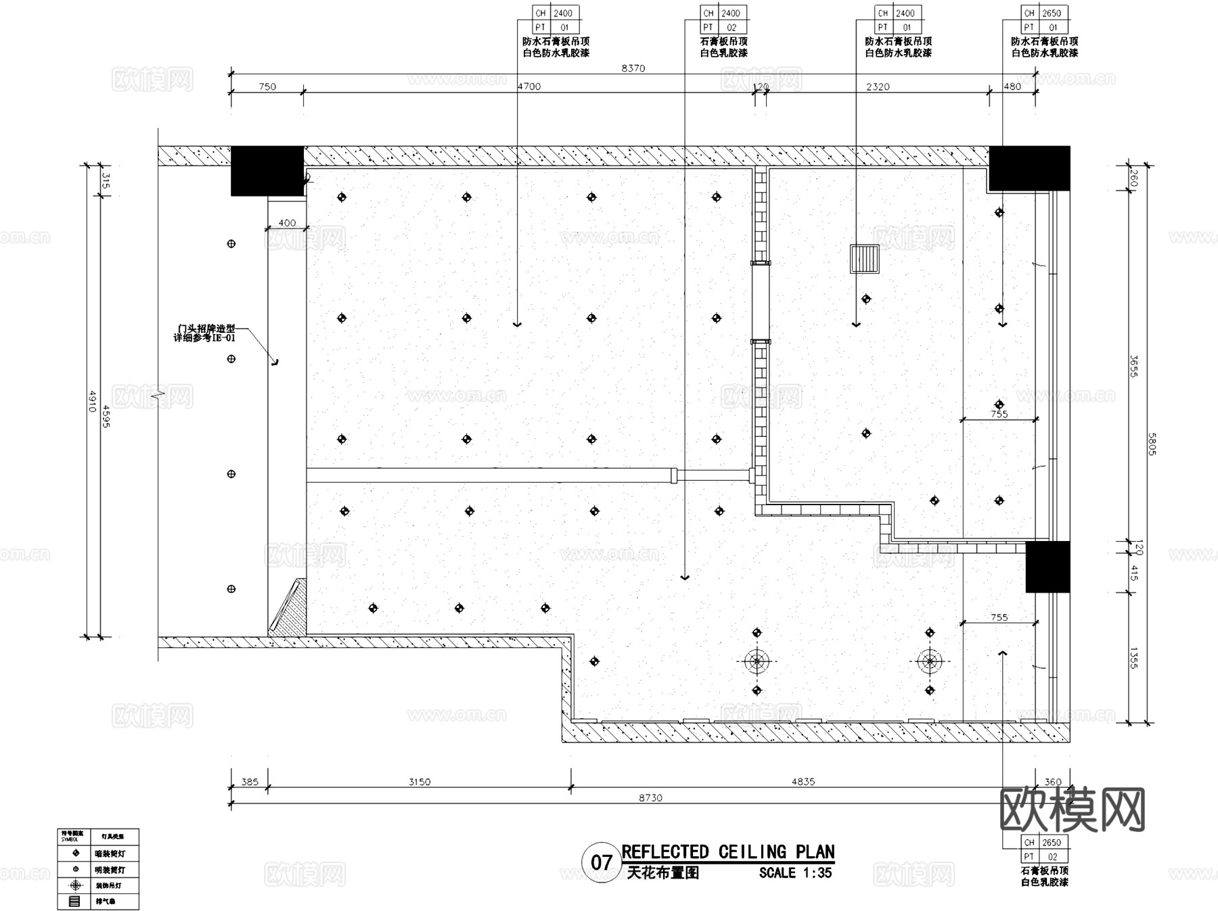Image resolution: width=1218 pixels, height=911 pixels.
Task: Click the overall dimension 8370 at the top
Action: pos(633,68)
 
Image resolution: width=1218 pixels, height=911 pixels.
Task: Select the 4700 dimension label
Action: pos(528,87)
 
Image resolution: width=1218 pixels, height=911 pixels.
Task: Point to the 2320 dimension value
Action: pos(878,87)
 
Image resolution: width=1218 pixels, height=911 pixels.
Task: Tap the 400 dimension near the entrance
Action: pos(287,223)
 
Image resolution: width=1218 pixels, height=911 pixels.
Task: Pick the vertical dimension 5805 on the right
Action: pos(1151,444)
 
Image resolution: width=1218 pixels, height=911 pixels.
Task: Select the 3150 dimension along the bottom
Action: pos(420,782)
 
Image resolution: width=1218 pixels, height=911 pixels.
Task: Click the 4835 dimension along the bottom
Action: pos(803,782)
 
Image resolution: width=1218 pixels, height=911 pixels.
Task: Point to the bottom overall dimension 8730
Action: pos(650,798)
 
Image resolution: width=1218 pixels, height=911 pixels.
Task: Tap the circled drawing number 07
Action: pos(601,862)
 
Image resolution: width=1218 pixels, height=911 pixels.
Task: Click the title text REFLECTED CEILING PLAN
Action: pos(728,852)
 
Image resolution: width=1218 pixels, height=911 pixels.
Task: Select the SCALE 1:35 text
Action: pos(795,873)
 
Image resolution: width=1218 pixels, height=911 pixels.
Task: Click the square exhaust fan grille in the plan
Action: pos(865,259)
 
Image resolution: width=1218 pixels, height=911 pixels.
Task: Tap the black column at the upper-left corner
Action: pos(267,171)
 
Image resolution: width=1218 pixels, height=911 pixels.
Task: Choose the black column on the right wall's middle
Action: pos(1047,567)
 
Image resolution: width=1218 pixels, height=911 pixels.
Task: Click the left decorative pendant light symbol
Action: pos(757,661)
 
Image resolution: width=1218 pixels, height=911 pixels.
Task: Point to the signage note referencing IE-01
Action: pos(204,333)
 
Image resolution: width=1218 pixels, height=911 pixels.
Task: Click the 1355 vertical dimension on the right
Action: pos(1133,658)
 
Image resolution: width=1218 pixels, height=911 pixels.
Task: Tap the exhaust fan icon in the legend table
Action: pos(75,902)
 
